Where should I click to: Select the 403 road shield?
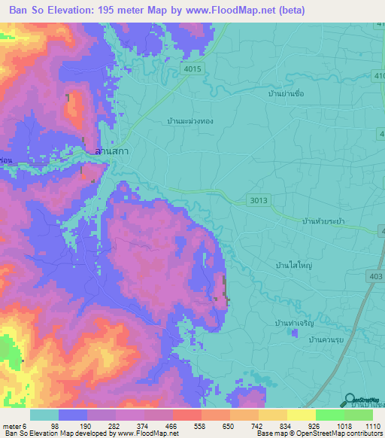tap(374, 277)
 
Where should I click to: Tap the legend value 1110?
tap(372, 425)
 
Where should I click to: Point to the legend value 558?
tap(201, 425)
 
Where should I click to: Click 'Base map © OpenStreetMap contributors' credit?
tap(320, 433)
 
